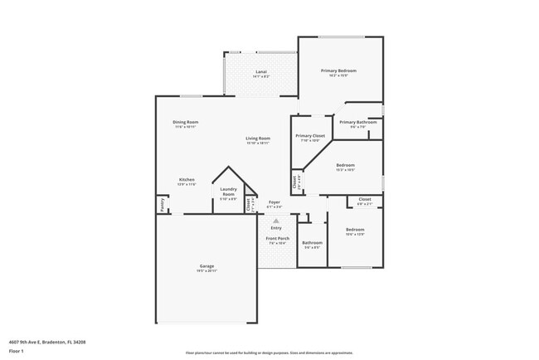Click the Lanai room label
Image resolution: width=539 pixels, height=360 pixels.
(260, 73)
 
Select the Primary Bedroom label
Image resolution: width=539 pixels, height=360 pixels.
(340, 71)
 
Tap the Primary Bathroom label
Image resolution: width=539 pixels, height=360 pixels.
(357, 122)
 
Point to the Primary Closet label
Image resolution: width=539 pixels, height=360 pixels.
(309, 135)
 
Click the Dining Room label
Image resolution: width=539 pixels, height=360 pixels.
(186, 122)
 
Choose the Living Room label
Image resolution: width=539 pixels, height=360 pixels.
(258, 139)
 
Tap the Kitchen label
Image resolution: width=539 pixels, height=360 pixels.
(187, 180)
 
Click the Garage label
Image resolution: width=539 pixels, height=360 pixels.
(206, 266)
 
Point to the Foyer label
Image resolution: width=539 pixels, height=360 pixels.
(274, 202)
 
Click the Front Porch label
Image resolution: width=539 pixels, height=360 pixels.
(276, 239)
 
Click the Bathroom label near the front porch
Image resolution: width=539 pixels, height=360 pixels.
(312, 242)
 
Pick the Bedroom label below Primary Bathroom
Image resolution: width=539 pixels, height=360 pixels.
(345, 165)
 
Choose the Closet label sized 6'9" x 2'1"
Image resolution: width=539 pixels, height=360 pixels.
(364, 199)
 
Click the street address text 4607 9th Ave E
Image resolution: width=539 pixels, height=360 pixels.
(47, 341)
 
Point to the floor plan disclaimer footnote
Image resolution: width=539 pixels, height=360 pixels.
(269, 352)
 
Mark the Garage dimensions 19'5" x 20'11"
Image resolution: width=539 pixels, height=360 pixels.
(206, 271)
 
